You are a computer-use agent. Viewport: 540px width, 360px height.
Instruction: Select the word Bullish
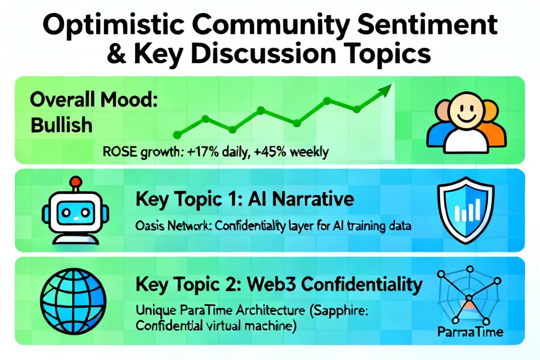61,125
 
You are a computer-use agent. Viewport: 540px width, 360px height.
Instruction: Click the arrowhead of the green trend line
385,90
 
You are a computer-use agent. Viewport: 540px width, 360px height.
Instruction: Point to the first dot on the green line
177,135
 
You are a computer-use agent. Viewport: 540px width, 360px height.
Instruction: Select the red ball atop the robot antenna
77,181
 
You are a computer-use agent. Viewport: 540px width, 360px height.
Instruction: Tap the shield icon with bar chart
466,210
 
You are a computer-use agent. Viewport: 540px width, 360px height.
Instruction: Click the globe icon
73,302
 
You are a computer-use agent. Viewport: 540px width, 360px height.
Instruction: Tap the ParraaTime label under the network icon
470,332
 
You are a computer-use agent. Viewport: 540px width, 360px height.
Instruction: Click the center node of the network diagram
469,299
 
